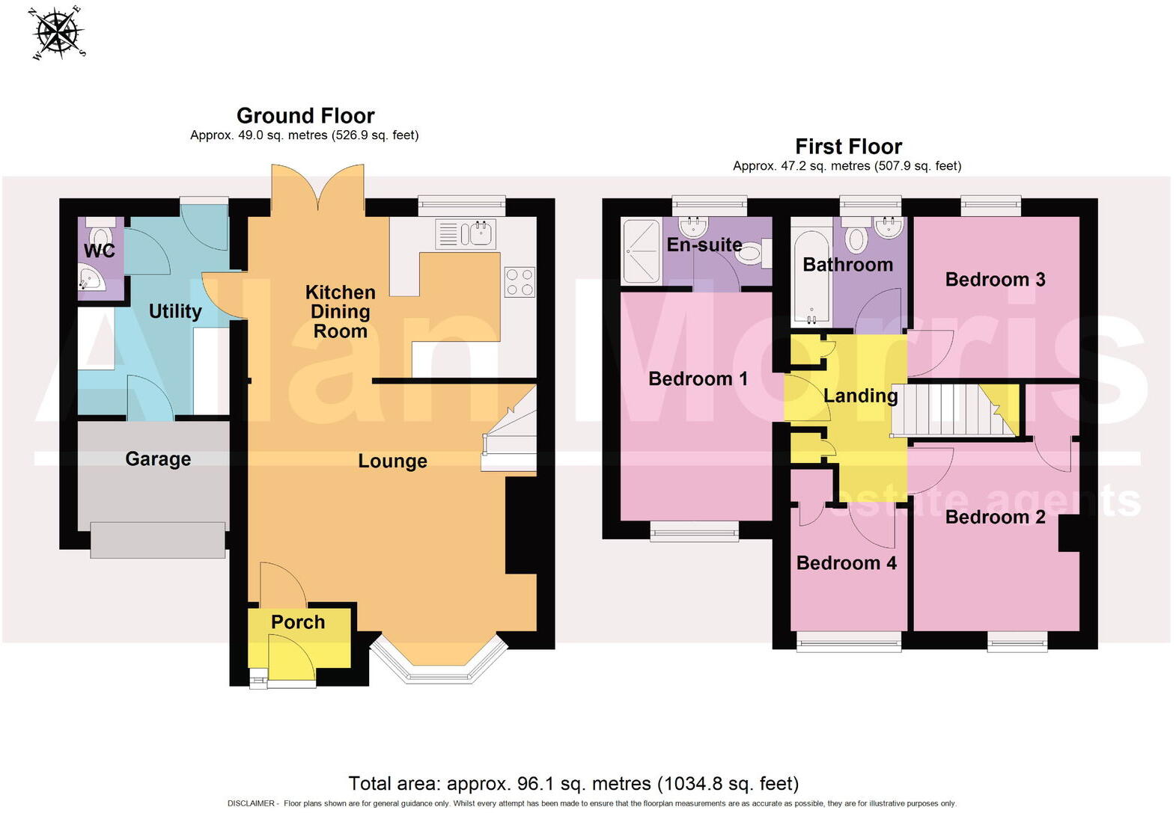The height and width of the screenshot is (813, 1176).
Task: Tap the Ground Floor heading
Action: [305, 116]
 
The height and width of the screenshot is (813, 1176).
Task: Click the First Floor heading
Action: [848, 147]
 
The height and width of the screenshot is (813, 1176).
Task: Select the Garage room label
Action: [158, 458]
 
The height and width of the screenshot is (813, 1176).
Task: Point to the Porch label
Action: [298, 622]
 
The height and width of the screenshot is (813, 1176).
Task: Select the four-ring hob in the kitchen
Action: [520, 282]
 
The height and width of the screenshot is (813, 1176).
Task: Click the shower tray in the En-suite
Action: [642, 251]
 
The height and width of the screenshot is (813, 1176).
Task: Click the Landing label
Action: [860, 396]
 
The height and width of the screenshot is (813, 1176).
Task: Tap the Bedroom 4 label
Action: [846, 563]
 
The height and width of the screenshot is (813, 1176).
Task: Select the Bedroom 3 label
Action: [995, 280]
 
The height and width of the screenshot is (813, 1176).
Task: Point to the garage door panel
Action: [158, 540]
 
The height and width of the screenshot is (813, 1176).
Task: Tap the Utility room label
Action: [175, 311]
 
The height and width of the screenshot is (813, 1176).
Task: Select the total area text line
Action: [573, 784]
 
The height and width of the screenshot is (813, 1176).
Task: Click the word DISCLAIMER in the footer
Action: [251, 804]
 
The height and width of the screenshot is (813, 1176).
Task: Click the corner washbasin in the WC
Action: [90, 282]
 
